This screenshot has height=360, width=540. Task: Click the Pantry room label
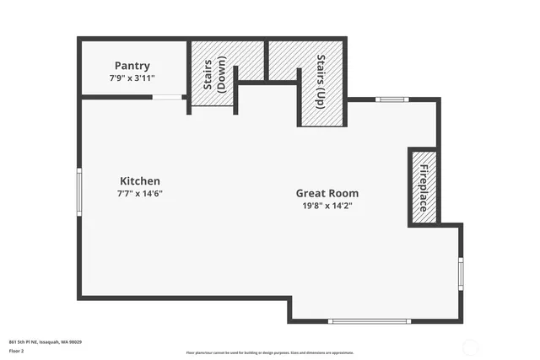point(132,66)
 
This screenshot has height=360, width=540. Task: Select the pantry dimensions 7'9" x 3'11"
point(132,78)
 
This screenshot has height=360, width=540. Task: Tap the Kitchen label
point(139,181)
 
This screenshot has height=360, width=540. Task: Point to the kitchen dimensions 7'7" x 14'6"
point(139,193)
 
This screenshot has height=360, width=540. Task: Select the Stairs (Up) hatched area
point(321,84)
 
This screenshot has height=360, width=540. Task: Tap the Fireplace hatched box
point(423,187)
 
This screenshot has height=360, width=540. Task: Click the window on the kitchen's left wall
point(79,193)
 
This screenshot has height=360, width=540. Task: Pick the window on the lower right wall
point(461,272)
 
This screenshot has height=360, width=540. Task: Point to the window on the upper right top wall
point(392,99)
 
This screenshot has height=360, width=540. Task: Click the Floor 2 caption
point(17,350)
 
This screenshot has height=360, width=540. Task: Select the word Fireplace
point(423,187)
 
